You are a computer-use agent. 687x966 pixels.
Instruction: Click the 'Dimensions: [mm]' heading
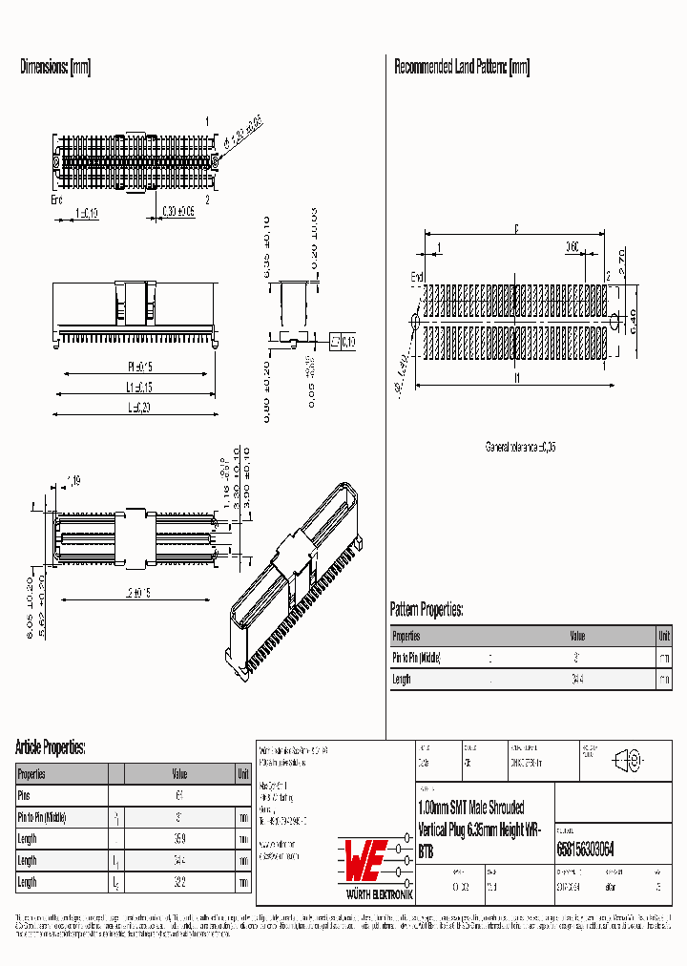point(55,67)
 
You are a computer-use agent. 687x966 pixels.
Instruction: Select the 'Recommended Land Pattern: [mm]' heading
point(462,67)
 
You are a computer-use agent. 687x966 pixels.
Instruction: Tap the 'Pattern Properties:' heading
point(427,609)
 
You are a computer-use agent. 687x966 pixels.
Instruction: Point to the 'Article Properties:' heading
point(51,746)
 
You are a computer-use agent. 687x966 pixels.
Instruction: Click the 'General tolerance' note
point(520,447)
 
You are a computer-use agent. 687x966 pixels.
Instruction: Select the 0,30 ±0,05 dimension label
point(178,212)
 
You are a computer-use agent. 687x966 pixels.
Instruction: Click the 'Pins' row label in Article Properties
point(25,795)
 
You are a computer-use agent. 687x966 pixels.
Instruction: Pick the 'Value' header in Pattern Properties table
point(578,636)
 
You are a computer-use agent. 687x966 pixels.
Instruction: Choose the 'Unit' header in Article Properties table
point(243,774)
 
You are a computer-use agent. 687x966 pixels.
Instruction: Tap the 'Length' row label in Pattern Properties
point(402,680)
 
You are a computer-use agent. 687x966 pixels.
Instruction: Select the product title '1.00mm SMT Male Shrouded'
point(470,808)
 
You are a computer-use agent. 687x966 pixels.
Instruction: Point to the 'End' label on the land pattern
point(417,277)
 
